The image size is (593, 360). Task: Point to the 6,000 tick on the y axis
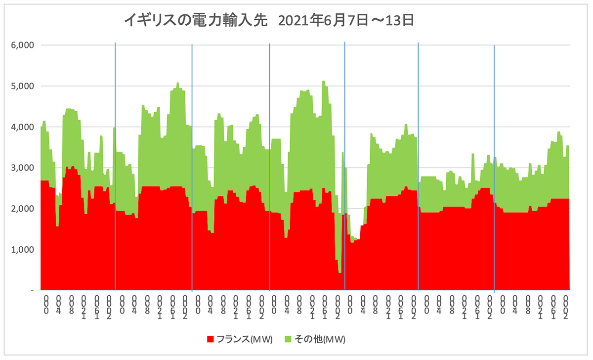click(x=22, y=45)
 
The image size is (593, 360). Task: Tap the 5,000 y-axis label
click(x=22, y=86)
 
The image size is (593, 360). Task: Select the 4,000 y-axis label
click(x=22, y=127)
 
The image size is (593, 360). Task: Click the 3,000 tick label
click(x=22, y=168)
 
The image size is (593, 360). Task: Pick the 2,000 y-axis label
click(x=22, y=209)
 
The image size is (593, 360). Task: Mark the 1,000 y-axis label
click(x=22, y=250)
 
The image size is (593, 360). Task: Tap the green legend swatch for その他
click(x=288, y=339)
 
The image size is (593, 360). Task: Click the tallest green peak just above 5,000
click(x=324, y=82)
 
